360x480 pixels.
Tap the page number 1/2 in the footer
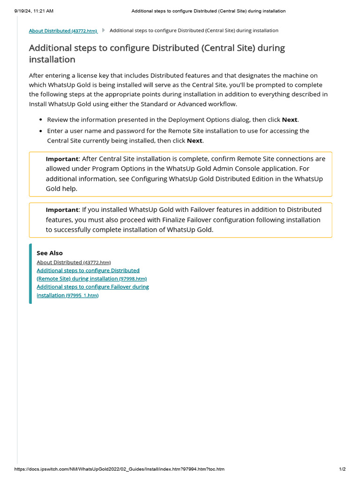point(342,469)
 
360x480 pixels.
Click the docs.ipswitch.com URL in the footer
point(120,469)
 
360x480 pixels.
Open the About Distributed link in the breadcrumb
point(63,31)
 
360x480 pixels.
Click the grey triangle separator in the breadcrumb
point(103,30)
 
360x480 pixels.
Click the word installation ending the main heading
point(52,60)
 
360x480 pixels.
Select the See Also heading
point(49,253)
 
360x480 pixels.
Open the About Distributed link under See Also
point(73,262)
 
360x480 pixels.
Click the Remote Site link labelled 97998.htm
point(91,278)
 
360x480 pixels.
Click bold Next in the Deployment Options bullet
point(289,120)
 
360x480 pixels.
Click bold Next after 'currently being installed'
point(195,141)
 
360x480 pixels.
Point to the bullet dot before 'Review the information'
point(41,120)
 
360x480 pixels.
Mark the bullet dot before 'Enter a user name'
point(41,131)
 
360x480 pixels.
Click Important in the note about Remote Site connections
point(62,159)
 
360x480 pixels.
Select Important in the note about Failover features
point(62,210)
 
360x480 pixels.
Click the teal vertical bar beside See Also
point(30,274)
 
